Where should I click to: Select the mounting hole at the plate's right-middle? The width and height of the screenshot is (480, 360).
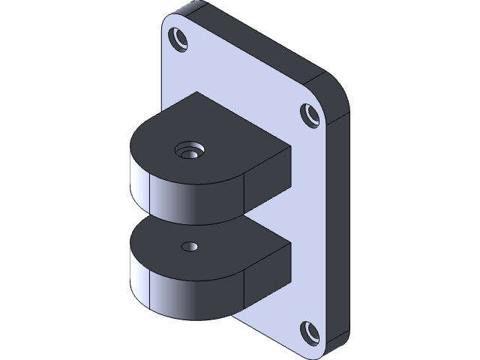pyautogui.click(x=310, y=115)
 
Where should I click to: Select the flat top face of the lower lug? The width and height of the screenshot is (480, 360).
pyautogui.click(x=225, y=247)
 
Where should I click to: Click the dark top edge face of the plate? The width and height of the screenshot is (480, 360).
pyautogui.click(x=255, y=41)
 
